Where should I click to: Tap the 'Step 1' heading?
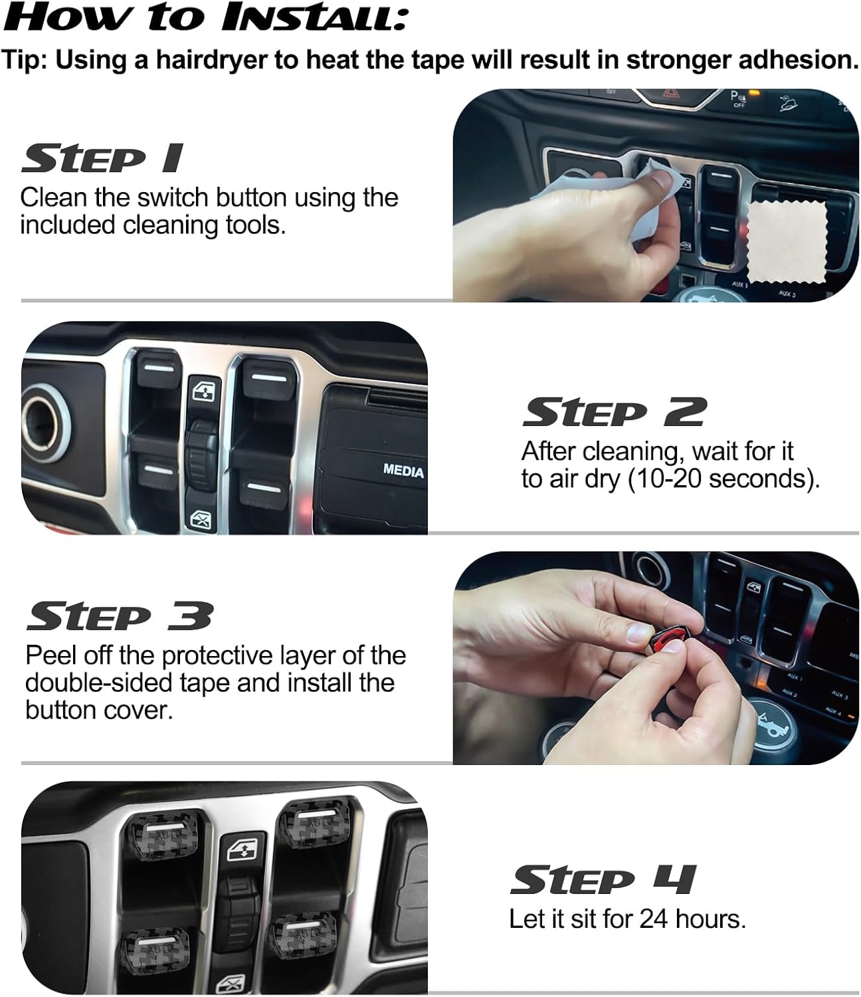click(102, 160)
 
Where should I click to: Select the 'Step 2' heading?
click(614, 413)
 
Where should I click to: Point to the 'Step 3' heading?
click(120, 616)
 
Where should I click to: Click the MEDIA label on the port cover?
click(403, 471)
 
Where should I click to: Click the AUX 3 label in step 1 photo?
click(787, 294)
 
